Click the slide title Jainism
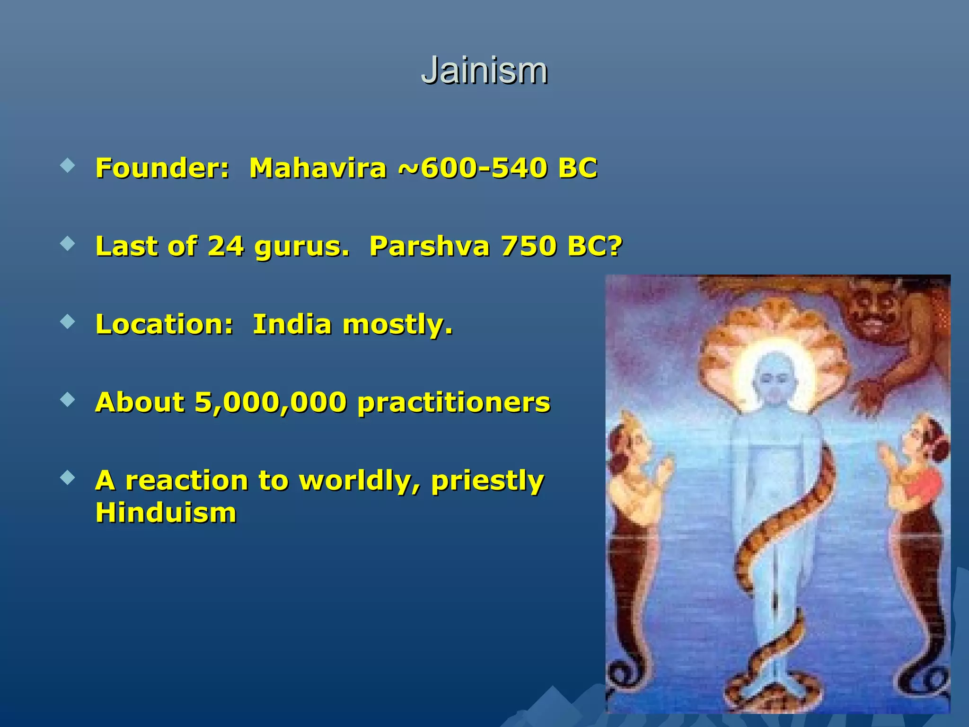pyautogui.click(x=484, y=71)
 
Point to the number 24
pyautogui.click(x=225, y=246)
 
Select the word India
pyautogui.click(x=292, y=325)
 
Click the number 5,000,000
pyautogui.click(x=270, y=403)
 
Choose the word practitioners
pyautogui.click(x=454, y=403)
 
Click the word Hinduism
pyautogui.click(x=166, y=513)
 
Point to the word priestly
pyautogui.click(x=487, y=481)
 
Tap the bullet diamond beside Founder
pyautogui.click(x=68, y=166)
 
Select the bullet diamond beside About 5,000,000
pyautogui.click(x=68, y=400)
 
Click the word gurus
pyautogui.click(x=301, y=247)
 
